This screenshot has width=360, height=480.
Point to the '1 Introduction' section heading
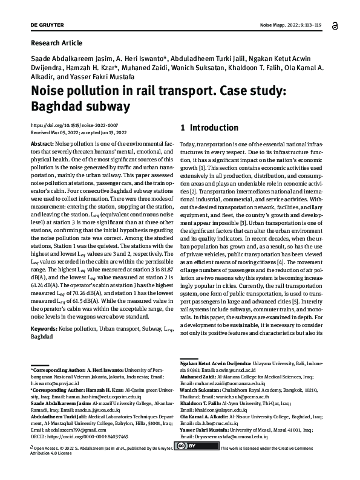tap(209, 128)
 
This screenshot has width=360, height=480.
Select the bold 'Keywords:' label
tap(47, 328)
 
